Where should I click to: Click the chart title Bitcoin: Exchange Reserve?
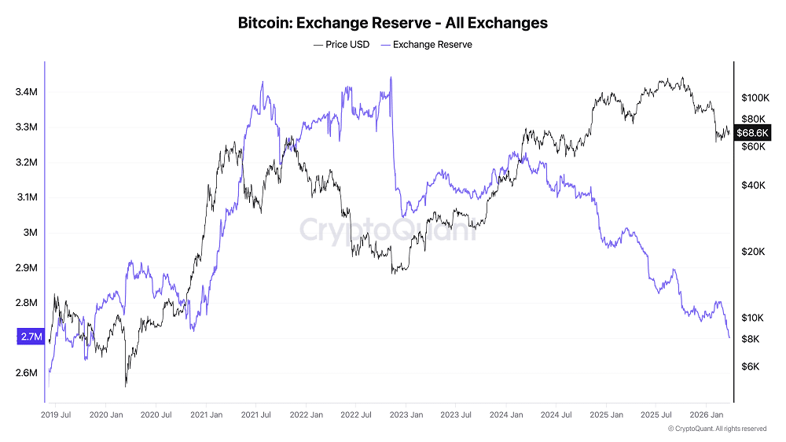(392, 23)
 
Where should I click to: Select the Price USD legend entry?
(341, 45)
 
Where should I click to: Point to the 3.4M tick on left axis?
(26, 92)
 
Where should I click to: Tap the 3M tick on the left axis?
(31, 232)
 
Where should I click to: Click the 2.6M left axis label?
(26, 372)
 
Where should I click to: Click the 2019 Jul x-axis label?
(56, 414)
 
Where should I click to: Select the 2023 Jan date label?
(407, 414)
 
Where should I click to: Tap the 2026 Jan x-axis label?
(706, 414)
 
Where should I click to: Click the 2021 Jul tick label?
(257, 414)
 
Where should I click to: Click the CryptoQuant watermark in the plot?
(388, 230)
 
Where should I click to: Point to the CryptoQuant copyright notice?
(717, 429)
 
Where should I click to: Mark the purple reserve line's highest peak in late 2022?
(391, 78)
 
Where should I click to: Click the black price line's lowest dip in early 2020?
(126, 386)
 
